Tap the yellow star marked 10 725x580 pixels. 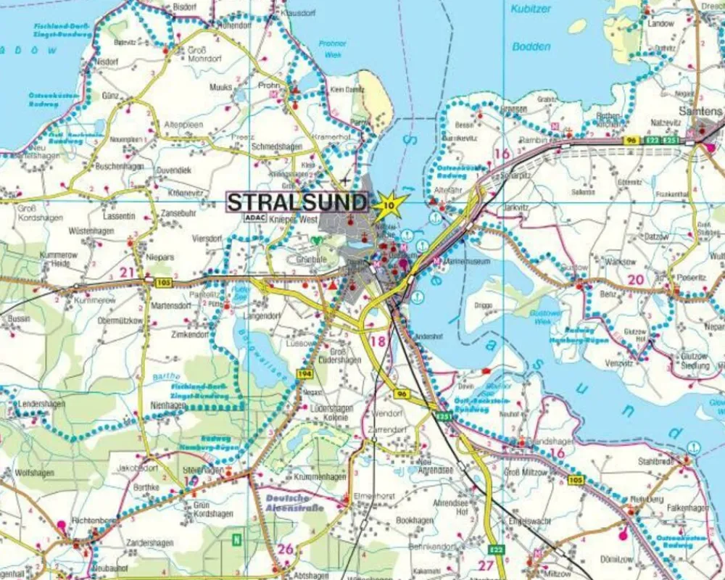click(x=390, y=205)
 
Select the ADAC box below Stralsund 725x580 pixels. click(x=254, y=217)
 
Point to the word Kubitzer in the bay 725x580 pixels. click(x=531, y=9)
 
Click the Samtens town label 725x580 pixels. click(x=700, y=111)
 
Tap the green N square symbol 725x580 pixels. click(x=236, y=539)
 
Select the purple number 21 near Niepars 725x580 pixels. click(x=128, y=272)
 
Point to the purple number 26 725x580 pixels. click(x=286, y=549)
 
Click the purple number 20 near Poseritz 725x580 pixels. click(x=635, y=280)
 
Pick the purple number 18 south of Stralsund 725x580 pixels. click(x=377, y=341)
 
